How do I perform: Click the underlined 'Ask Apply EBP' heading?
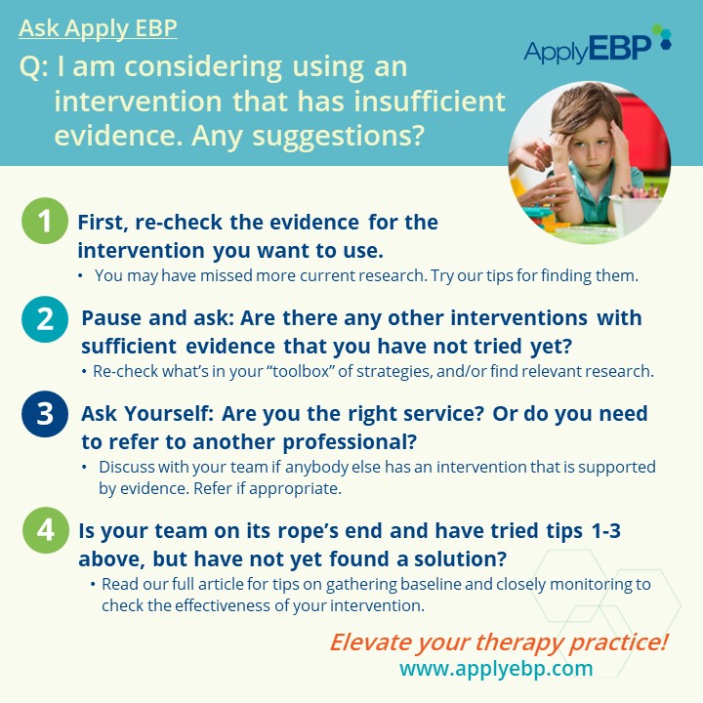tap(98, 28)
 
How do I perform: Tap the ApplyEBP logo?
tap(598, 45)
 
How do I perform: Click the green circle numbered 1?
tap(45, 221)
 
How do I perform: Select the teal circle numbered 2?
tap(45, 319)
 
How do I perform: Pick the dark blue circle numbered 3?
tap(45, 414)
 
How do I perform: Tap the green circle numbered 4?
tap(46, 530)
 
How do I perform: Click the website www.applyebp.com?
tap(496, 669)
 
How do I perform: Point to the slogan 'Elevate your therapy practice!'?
tap(499, 642)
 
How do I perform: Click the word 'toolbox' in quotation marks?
tap(301, 371)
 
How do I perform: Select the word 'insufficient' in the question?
tap(430, 101)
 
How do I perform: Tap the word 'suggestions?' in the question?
tap(338, 137)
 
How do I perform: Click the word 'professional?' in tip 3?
tap(350, 442)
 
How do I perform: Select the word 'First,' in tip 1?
tap(103, 223)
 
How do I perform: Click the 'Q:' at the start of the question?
tap(33, 67)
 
